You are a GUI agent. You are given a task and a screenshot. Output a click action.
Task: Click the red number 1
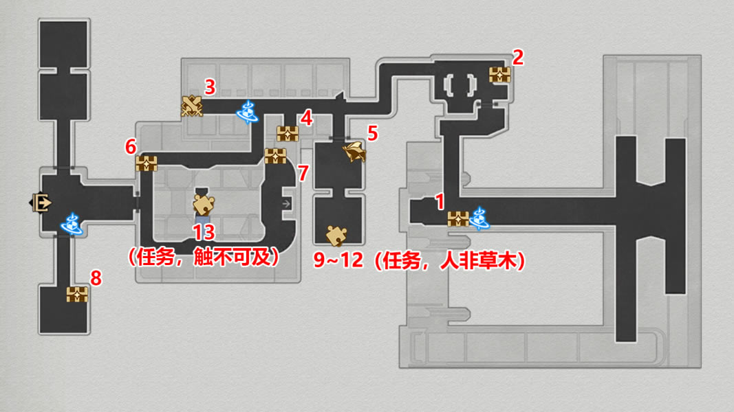440,202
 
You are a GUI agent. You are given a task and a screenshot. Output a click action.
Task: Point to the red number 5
372,133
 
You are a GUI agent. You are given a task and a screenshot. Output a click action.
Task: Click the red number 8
96,278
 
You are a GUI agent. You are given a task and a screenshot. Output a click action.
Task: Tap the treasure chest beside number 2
499,74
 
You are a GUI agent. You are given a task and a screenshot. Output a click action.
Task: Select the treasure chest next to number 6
147,163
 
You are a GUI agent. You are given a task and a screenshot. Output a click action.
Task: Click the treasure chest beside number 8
77,295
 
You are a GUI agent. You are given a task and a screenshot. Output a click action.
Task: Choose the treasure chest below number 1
457,219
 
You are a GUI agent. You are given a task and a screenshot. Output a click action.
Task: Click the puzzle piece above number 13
204,204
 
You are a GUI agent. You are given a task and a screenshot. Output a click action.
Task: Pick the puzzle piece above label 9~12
336,234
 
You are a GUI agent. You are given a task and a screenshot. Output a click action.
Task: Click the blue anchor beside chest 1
479,218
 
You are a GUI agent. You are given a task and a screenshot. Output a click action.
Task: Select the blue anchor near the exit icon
72,223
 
